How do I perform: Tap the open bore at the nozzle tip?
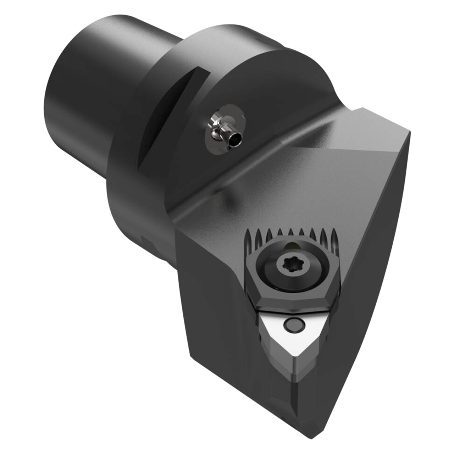(235, 142)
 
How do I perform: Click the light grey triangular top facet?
(351, 142)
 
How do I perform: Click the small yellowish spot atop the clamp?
(290, 247)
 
